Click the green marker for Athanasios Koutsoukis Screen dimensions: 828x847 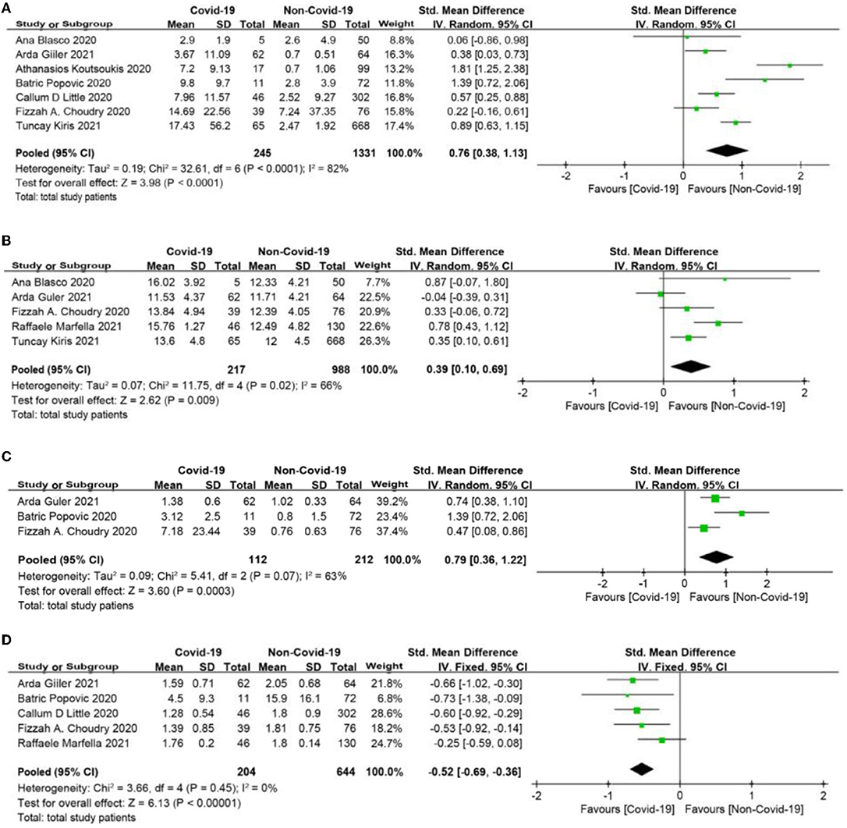(789, 66)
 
